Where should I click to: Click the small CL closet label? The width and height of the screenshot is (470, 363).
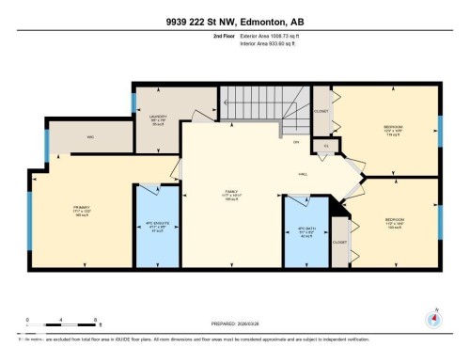326,146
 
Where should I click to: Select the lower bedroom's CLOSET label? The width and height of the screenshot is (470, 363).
339,242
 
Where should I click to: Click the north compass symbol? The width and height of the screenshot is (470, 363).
434,318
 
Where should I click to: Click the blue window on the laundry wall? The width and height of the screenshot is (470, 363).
135,102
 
